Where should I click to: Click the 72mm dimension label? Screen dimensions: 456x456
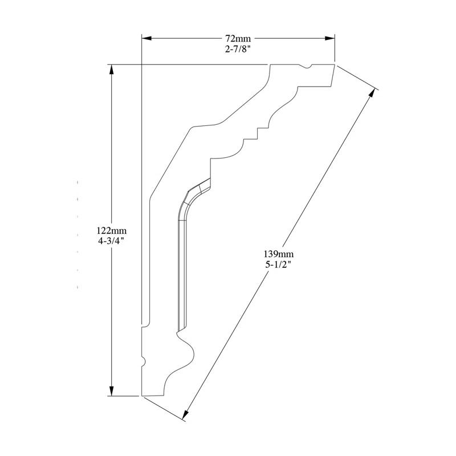[238, 39]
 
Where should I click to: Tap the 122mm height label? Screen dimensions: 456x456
[111, 231]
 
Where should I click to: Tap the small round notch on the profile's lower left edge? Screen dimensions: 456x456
[143, 361]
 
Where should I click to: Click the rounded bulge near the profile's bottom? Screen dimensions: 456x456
[188, 351]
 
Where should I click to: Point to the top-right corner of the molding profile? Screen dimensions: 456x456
[334, 65]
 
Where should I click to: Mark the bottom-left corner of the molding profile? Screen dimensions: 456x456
[142, 394]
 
